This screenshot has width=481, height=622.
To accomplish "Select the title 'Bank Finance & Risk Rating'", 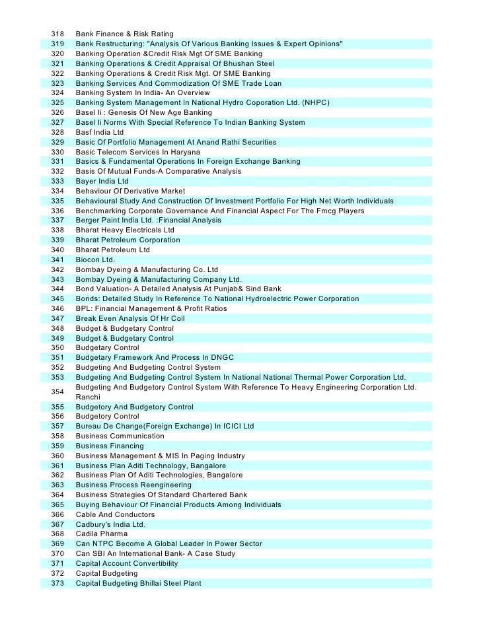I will point(124,34).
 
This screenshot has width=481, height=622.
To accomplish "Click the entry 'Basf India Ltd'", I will point(100,132).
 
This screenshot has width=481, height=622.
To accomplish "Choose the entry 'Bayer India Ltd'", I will point(102,181).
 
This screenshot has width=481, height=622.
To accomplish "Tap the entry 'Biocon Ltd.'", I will point(96,260).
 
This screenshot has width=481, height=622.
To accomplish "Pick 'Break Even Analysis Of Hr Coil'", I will point(130,319).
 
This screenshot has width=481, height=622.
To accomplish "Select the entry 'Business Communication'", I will point(120,436).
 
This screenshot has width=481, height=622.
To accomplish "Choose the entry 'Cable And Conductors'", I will point(115,515).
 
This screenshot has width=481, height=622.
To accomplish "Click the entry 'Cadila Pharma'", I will point(102,534).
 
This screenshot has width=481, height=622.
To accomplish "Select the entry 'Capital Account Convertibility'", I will point(127,564).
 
